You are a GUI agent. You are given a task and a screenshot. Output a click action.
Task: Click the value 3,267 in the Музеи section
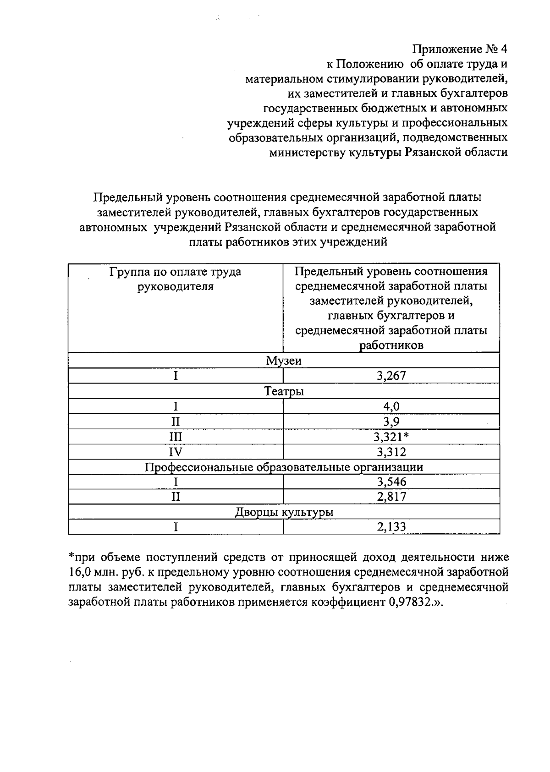point(391,376)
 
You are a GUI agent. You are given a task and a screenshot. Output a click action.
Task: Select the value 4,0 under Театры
point(391,406)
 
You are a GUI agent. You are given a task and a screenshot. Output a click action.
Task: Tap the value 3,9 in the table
point(391,422)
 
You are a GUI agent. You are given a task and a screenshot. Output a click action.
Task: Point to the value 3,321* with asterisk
point(391,437)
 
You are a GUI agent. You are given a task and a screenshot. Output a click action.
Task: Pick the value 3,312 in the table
point(391,452)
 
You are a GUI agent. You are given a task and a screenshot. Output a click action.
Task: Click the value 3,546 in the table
point(391,482)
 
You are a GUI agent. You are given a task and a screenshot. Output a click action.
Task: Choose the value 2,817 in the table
point(391,497)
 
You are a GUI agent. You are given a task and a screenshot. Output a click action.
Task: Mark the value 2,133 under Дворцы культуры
point(391,527)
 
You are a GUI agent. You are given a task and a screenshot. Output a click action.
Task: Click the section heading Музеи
point(284,361)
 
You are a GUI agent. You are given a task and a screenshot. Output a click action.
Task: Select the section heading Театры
point(284,391)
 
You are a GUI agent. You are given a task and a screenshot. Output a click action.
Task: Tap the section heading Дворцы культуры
point(284,512)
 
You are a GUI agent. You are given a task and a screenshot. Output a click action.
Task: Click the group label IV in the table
point(175,452)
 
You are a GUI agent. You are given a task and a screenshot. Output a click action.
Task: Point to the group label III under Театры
point(175,437)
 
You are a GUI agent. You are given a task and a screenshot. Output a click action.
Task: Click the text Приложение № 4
point(461,49)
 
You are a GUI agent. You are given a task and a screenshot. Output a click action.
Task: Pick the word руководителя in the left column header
point(176,287)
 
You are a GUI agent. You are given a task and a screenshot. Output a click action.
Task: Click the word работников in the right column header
point(391,345)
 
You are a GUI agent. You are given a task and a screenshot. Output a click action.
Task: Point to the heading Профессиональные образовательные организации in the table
point(284,467)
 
